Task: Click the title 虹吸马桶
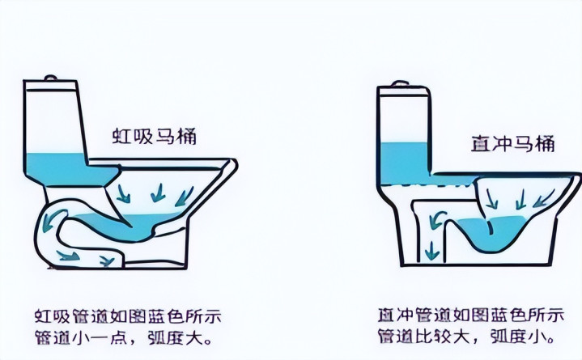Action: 154,137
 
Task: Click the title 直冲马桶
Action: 513,144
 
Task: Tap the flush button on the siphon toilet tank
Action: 50,78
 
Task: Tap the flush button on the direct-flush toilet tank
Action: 400,84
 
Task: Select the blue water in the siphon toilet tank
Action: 67,169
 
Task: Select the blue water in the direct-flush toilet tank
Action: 406,163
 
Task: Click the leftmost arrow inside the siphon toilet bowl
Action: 123,194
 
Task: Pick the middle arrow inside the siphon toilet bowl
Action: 158,193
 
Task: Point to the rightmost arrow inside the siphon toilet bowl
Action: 184,197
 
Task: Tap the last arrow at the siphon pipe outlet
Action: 107,261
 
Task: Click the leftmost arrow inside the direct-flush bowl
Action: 492,199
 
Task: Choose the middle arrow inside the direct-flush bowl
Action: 520,199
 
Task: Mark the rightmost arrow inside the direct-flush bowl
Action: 544,198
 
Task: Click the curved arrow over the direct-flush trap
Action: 437,220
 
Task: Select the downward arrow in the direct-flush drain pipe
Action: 431,251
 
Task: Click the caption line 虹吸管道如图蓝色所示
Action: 128,316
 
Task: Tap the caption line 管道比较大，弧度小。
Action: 466,337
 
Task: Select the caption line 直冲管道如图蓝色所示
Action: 471,316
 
